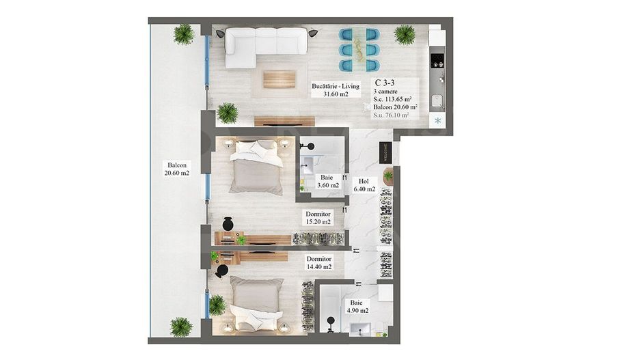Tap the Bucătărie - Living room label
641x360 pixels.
336,89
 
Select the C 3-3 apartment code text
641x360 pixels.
385,82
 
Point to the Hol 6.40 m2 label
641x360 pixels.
364,185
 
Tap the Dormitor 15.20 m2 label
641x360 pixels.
318,217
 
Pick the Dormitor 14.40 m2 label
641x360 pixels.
318,264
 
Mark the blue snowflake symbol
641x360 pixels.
438,121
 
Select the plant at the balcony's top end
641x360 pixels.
183,33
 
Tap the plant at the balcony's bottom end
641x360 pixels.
181,327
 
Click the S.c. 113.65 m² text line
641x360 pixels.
396,98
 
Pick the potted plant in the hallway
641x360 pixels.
388,176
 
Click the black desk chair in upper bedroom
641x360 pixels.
228,224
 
